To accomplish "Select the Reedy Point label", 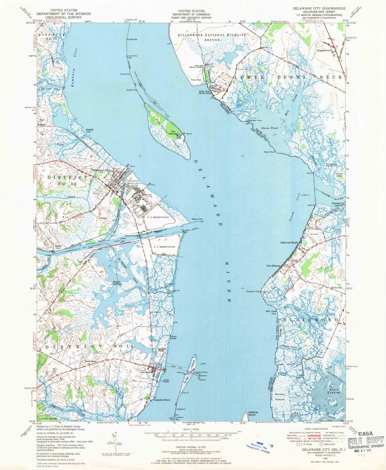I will click(197, 219).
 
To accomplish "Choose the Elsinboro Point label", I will click(254, 292).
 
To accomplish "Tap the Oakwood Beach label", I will click(289, 243).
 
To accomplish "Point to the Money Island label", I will click(279, 397).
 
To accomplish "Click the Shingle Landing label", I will click(117, 283).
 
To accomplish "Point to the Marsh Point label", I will click(269, 152).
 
